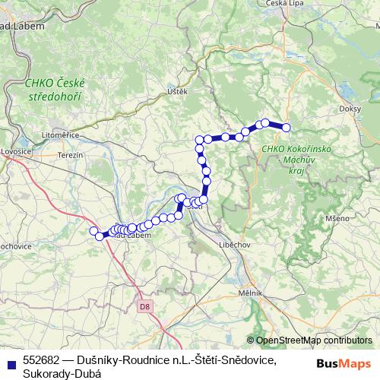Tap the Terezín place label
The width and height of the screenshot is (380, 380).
[x=69, y=154]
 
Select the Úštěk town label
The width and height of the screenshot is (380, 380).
[x=176, y=91]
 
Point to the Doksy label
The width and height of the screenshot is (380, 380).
[x=350, y=109]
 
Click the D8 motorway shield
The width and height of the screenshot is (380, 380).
[x=144, y=307]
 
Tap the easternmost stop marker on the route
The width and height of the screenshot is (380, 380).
[x=287, y=128]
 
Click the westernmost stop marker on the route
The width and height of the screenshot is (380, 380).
[x=94, y=231]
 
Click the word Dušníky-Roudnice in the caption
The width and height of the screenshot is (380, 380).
[x=122, y=359]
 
